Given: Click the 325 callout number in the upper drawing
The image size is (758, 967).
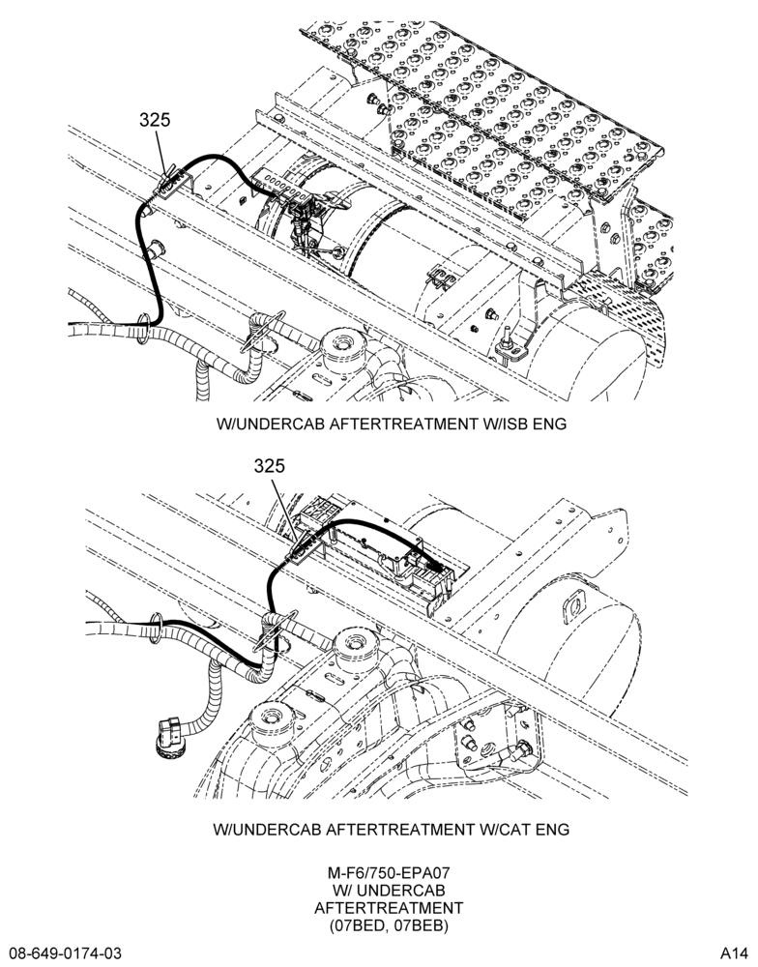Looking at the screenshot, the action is [x=154, y=119].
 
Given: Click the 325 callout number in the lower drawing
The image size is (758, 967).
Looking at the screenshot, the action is [x=270, y=466].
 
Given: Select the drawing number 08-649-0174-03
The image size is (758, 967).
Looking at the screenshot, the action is [x=65, y=952].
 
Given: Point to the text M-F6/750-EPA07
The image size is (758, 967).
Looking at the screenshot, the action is [x=389, y=873].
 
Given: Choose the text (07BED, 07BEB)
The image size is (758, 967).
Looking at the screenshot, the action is [x=389, y=925].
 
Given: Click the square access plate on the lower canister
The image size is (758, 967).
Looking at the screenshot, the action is [x=573, y=605].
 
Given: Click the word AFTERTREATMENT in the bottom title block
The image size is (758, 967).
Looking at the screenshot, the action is [x=389, y=908].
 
